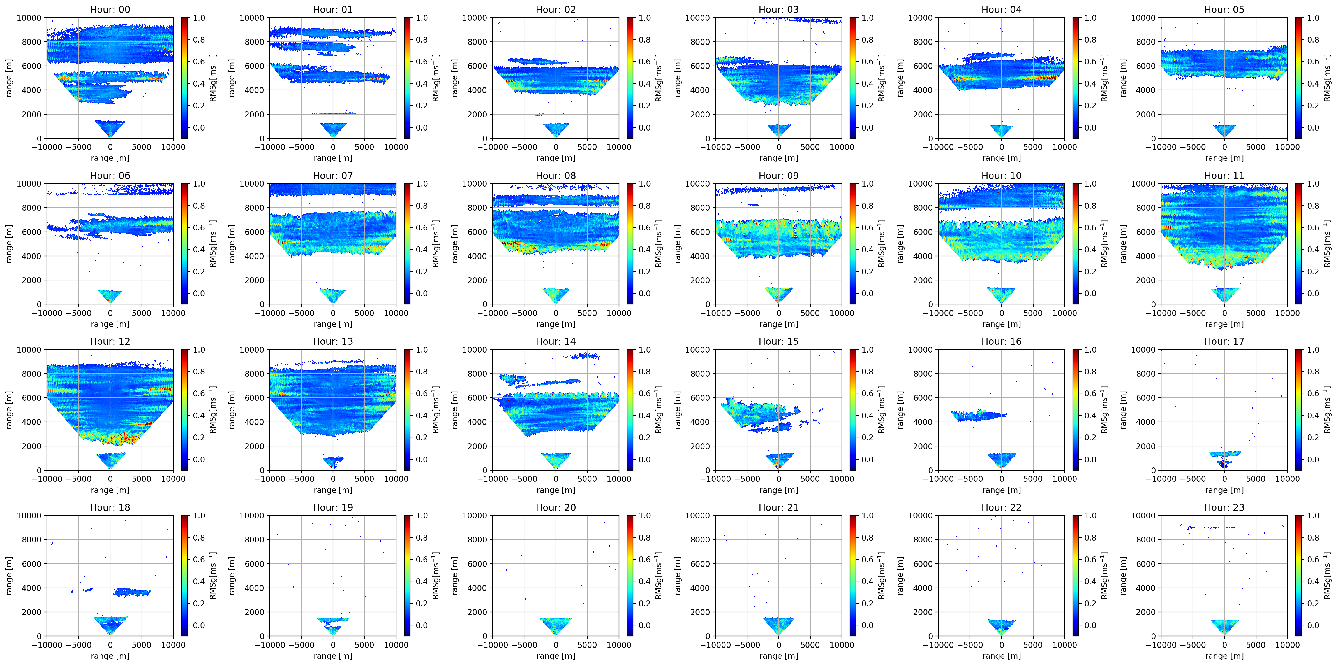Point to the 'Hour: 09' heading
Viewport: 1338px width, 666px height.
click(x=778, y=175)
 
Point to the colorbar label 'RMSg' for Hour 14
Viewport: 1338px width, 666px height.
click(x=658, y=409)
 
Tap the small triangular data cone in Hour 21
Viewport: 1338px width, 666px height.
click(x=778, y=625)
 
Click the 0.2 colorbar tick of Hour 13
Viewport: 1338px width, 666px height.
click(x=422, y=437)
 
